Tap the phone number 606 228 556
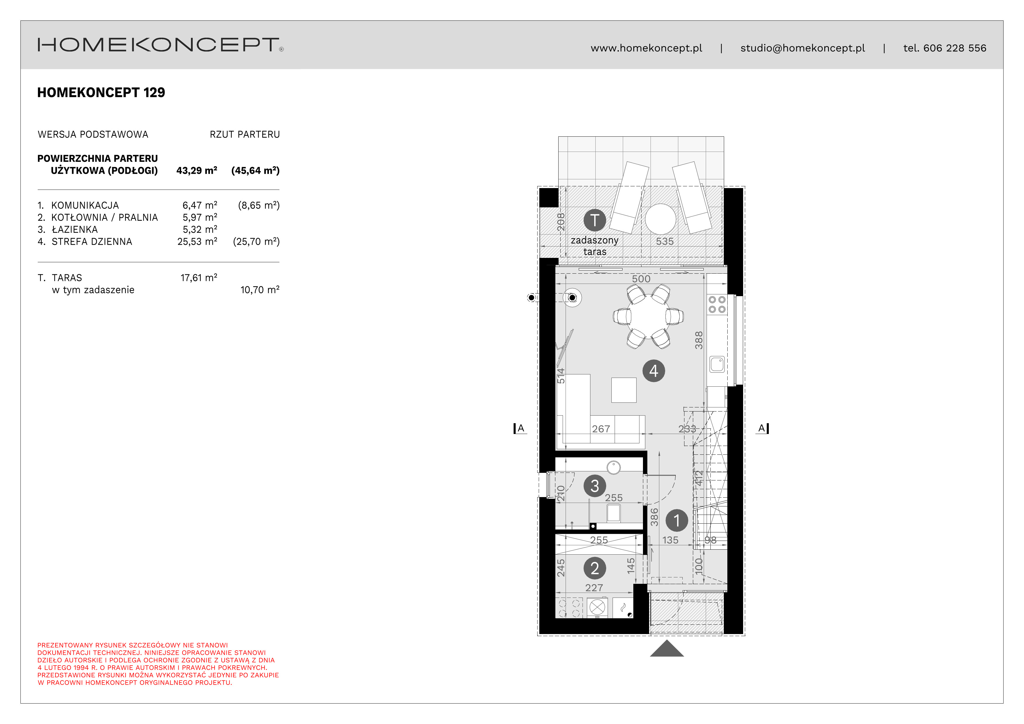point(955,48)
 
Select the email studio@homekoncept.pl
point(802,48)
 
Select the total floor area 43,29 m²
point(197,170)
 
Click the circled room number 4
point(653,371)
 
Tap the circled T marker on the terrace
point(594,220)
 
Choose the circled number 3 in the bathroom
point(594,486)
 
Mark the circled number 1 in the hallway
point(677,520)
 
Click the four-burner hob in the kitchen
point(717,304)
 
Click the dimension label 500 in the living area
point(641,279)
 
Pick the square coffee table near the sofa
point(623,390)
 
